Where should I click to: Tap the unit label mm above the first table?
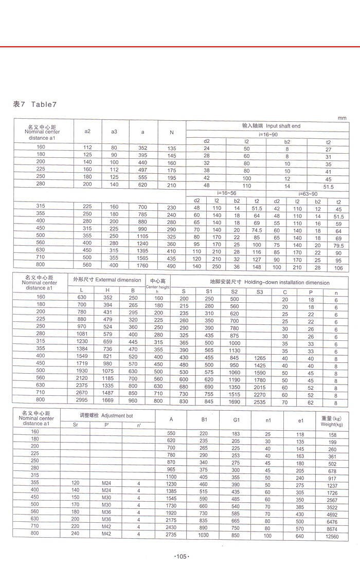point(342,118)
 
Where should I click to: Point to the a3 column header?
point(114,132)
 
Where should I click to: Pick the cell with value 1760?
point(142,266)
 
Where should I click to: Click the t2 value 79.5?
point(338,246)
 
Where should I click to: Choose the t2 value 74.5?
point(257,230)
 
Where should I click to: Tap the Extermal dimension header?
point(107,280)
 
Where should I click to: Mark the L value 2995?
point(82,400)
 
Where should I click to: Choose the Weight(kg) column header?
point(331,421)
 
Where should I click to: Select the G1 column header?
point(236,420)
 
